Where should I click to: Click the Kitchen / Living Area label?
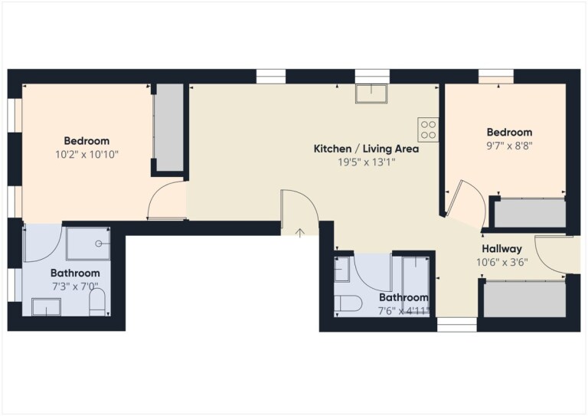point(366,149)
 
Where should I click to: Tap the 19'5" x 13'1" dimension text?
point(367,162)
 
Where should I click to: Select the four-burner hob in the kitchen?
point(428,129)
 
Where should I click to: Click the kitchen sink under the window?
point(371,93)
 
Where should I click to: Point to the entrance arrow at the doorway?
point(299,233)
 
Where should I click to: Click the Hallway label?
point(501,249)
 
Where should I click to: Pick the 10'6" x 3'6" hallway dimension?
point(501,262)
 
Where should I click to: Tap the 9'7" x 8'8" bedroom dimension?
point(509,146)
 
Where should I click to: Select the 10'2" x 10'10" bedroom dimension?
point(87,154)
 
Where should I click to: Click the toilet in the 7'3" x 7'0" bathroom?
point(97,303)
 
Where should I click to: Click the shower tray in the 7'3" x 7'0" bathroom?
point(88,244)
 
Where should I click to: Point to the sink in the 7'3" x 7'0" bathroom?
point(46,307)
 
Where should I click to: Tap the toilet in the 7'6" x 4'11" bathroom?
point(348,303)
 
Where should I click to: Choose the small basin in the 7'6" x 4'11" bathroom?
point(342,269)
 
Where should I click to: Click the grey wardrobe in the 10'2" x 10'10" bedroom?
point(169,127)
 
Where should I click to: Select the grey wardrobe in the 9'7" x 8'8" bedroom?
point(530,213)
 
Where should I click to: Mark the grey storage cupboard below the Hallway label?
point(524,300)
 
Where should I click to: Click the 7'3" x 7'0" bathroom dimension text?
point(75,287)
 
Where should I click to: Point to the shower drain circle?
point(99,244)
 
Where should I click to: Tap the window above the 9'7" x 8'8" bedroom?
point(496,77)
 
